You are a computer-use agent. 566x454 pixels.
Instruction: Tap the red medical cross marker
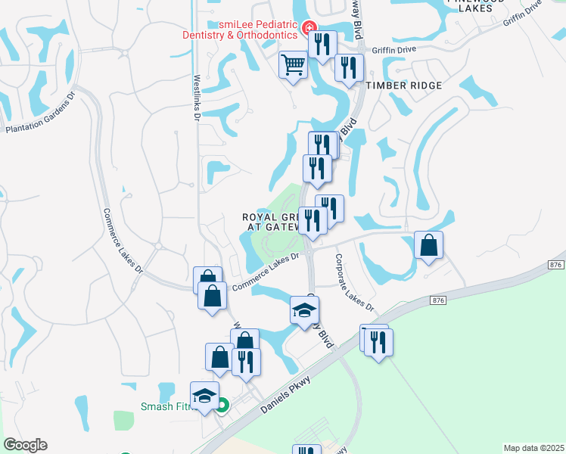point(309,30)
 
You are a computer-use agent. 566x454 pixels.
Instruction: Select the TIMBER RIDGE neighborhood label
point(403,86)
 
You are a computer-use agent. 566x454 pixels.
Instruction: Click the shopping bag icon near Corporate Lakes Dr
point(428,246)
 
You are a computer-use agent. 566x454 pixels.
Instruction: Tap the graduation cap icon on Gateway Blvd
point(304,310)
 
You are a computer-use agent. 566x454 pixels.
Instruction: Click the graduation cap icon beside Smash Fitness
point(204,395)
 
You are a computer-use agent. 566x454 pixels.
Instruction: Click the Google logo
point(25,445)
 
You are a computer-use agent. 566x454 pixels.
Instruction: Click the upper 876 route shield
point(556,264)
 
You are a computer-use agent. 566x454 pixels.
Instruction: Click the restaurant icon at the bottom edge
point(306,449)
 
